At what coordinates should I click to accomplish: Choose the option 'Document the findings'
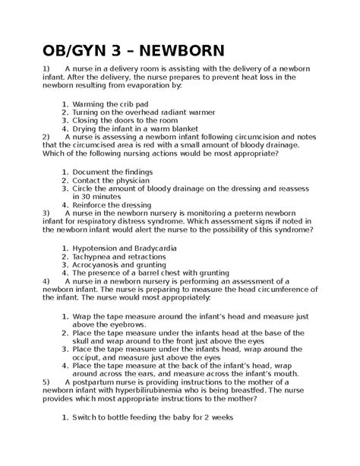click(x=112, y=173)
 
